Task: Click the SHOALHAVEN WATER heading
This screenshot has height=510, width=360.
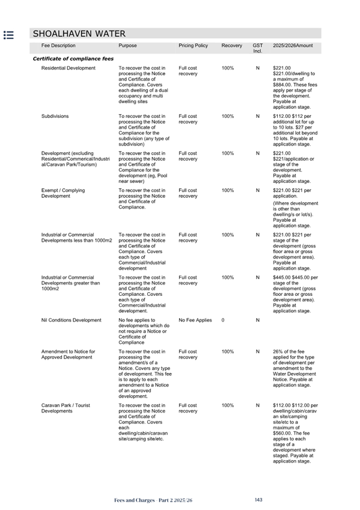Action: pyautogui.click(x=79, y=34)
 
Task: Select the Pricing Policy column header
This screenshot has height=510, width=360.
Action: pyautogui.click(x=193, y=46)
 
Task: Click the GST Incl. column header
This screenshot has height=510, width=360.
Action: pyautogui.click(x=257, y=48)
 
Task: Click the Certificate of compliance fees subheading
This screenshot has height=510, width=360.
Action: pyautogui.click(x=73, y=58)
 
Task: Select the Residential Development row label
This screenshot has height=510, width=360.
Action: pyautogui.click(x=68, y=69)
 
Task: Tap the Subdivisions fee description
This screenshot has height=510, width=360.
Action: pyautogui.click(x=55, y=117)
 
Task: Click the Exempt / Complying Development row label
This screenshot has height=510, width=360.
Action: pyautogui.click(x=63, y=194)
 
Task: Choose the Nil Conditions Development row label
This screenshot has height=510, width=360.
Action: pyautogui.click(x=71, y=321)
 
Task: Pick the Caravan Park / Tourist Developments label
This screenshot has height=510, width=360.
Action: pyautogui.click(x=66, y=408)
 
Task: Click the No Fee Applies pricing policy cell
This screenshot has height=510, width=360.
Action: pyautogui.click(x=195, y=321)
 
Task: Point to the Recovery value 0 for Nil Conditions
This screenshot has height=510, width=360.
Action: pyautogui.click(x=223, y=321)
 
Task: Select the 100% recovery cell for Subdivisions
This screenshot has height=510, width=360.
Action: pyautogui.click(x=228, y=117)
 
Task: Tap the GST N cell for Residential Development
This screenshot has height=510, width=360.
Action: pyautogui.click(x=257, y=69)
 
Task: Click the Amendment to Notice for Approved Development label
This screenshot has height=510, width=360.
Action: pyautogui.click(x=68, y=354)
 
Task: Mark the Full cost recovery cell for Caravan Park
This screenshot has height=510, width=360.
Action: pyautogui.click(x=188, y=408)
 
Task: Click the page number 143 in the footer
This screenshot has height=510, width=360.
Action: pyautogui.click(x=259, y=500)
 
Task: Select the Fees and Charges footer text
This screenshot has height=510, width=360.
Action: pyautogui.click(x=154, y=500)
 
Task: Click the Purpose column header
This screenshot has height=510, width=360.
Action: pyautogui.click(x=127, y=46)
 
